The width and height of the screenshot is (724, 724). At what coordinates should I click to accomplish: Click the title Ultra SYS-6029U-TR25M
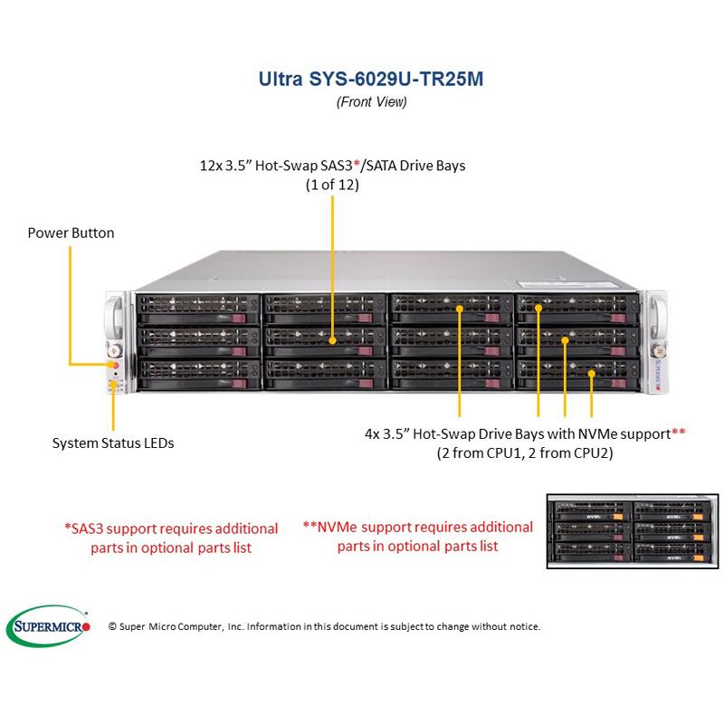tap(371, 79)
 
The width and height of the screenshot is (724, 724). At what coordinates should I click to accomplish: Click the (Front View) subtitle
tap(371, 102)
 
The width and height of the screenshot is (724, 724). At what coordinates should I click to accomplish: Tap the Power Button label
tap(71, 233)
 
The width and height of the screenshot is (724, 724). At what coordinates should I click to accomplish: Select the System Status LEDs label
tap(113, 443)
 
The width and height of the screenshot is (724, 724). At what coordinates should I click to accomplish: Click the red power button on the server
tap(115, 365)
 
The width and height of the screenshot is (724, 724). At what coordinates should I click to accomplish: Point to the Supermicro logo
tap(49, 625)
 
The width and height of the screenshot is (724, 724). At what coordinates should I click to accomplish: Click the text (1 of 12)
tap(332, 185)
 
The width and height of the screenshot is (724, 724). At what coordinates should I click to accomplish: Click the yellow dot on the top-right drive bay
tap(538, 309)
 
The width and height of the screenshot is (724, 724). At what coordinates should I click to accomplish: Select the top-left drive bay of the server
tap(195, 308)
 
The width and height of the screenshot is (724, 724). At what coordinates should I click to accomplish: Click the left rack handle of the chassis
tap(114, 317)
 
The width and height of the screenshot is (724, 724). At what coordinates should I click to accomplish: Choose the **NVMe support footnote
tap(417, 536)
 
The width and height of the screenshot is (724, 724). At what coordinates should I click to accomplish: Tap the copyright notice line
tap(324, 626)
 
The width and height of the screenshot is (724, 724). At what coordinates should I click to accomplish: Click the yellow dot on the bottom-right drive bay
tap(592, 371)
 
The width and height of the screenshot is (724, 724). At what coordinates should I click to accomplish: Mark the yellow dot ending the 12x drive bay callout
tap(332, 341)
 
